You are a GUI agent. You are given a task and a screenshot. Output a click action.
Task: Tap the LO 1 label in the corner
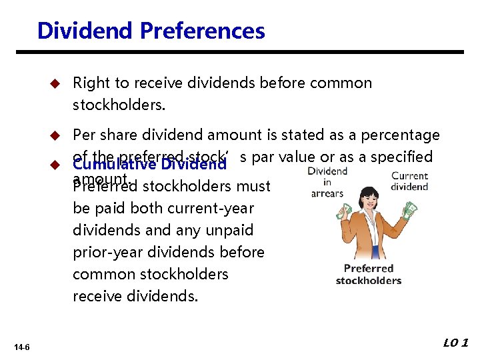point(455,343)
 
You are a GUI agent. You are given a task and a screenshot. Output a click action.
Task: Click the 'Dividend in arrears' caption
point(327,182)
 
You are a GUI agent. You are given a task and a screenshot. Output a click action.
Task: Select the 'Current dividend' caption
point(409,181)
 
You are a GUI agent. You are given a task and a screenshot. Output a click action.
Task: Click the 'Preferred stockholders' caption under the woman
point(369,274)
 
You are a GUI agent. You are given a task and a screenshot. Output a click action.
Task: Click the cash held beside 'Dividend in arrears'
point(343,212)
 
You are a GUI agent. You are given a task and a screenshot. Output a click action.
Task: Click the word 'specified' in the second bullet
point(403,157)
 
